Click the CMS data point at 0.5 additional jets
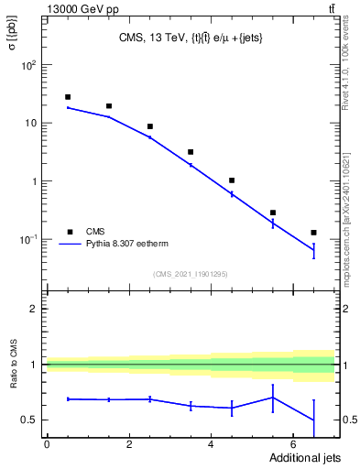tap(68, 97)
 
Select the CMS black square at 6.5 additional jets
tap(313, 233)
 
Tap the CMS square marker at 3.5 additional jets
tap(191, 152)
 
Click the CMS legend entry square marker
tap(68, 232)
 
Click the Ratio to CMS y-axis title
tap(14, 387)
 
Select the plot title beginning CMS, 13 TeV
tap(190, 38)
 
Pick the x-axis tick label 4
tap(212, 444)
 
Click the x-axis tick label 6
tap(293, 444)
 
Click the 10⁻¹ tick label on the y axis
tap(28, 239)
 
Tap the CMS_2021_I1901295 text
tap(189, 274)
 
